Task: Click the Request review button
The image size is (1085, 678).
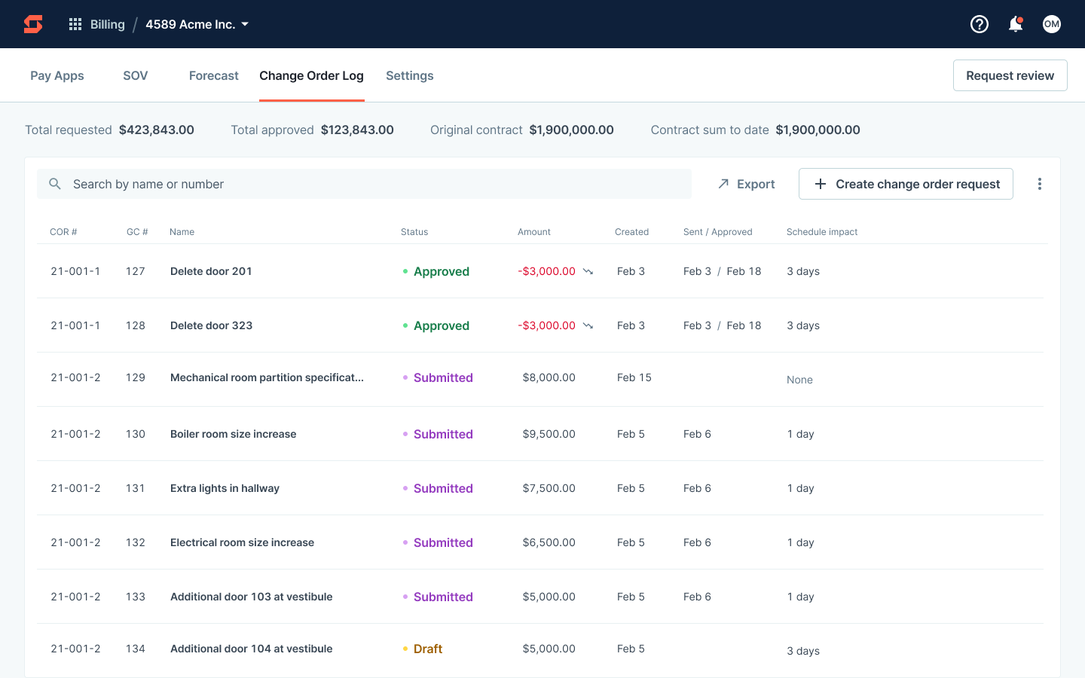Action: (1010, 75)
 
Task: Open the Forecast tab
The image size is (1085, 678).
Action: (213, 75)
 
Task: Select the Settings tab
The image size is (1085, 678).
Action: (409, 75)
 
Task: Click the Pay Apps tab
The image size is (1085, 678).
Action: (57, 75)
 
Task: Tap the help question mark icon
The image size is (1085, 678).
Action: (979, 24)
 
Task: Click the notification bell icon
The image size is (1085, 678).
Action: (1015, 24)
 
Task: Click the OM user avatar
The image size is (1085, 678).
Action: (1051, 24)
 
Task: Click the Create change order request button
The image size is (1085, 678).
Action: (906, 184)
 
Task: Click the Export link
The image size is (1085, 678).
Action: (746, 184)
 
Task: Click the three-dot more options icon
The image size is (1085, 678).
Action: (1039, 184)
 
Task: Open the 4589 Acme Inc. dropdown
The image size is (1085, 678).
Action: (197, 24)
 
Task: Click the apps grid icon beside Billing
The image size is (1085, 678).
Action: (75, 24)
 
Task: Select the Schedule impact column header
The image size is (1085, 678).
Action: (822, 232)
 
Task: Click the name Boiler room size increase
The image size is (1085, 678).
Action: (233, 434)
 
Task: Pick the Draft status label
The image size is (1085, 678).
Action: (427, 649)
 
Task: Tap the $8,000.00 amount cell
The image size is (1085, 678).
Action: (549, 377)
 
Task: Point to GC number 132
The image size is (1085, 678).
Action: (136, 542)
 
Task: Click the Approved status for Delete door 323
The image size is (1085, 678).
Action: (441, 325)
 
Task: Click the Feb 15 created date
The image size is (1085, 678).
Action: (634, 377)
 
